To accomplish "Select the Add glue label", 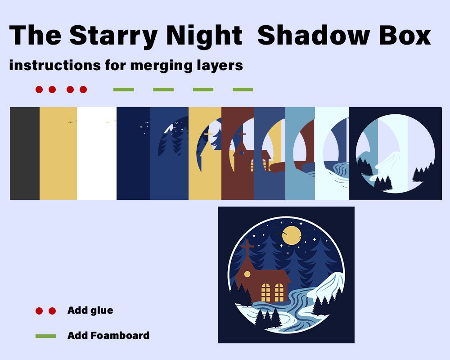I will click(90, 310).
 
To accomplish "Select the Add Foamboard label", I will click(108, 336).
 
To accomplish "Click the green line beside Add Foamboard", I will click(45, 336).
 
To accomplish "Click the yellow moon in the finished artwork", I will click(292, 235).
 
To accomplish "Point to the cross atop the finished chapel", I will click(247, 247).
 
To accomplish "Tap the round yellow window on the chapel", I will click(247, 274).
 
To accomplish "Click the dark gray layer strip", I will click(25, 153).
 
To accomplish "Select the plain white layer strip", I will click(96, 153).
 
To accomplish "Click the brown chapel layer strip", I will click(238, 180).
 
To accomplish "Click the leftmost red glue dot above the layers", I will click(39, 90).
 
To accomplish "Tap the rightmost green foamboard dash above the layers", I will click(243, 90).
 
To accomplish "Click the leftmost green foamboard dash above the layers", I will click(124, 90).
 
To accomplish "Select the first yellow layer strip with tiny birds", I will click(58, 153).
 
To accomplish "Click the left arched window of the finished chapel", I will click(266, 292).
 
